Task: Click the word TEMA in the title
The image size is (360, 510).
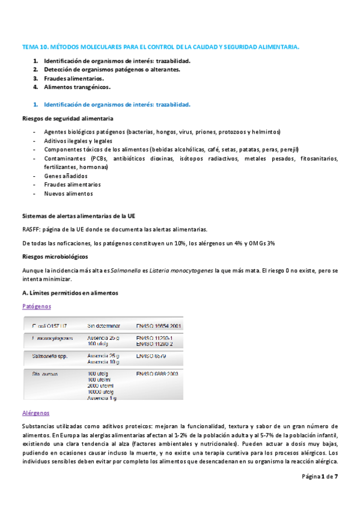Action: click(x=29, y=46)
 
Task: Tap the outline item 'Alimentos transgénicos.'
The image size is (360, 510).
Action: click(x=77, y=87)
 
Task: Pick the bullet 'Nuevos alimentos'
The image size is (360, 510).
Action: click(x=69, y=194)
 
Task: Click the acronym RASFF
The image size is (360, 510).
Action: click(x=31, y=229)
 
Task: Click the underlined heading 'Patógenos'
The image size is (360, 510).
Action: click(x=37, y=306)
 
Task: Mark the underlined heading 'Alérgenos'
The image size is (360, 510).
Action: click(x=36, y=413)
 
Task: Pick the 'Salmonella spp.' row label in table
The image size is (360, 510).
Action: click(x=51, y=356)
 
